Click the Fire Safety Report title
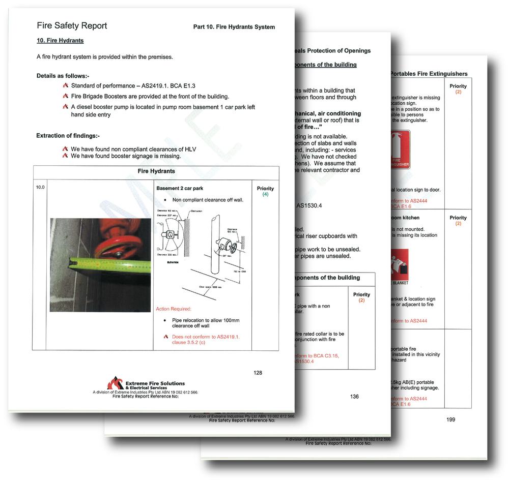coord(72,26)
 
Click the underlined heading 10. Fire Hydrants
coord(60,41)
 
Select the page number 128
coord(258,373)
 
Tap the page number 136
coord(355,397)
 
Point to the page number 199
coord(450,419)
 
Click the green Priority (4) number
coord(265,195)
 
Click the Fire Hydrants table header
coord(156,171)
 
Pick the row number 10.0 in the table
coord(40,188)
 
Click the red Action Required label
coord(174,309)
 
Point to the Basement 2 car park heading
coord(176,189)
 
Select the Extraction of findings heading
coord(68,136)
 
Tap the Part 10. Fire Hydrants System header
coord(234,27)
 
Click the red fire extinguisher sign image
coord(400,150)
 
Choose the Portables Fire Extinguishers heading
coord(428,74)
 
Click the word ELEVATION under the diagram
coord(173,262)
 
